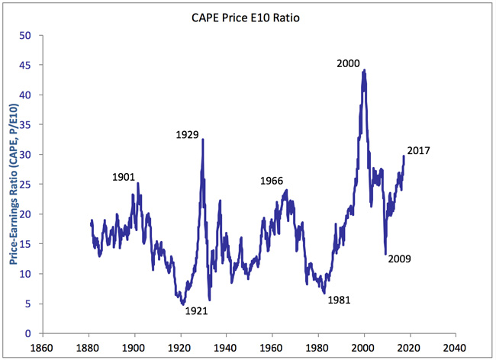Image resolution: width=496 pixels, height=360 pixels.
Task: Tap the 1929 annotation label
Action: coord(187,135)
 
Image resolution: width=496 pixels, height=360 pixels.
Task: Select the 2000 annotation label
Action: coord(348,63)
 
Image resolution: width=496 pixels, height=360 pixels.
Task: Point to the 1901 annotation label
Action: coord(124,177)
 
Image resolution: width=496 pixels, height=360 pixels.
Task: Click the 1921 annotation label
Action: coord(196,310)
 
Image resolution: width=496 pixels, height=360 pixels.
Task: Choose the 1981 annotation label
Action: coord(339,300)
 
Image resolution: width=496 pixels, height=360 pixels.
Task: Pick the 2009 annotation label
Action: coord(400,259)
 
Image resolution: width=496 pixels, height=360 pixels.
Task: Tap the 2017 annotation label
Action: coord(419,150)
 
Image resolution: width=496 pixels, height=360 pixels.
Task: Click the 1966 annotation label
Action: coord(272,181)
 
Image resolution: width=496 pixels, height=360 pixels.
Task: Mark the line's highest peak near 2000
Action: coord(364,70)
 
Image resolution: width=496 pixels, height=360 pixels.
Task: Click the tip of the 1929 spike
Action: coord(202,140)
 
